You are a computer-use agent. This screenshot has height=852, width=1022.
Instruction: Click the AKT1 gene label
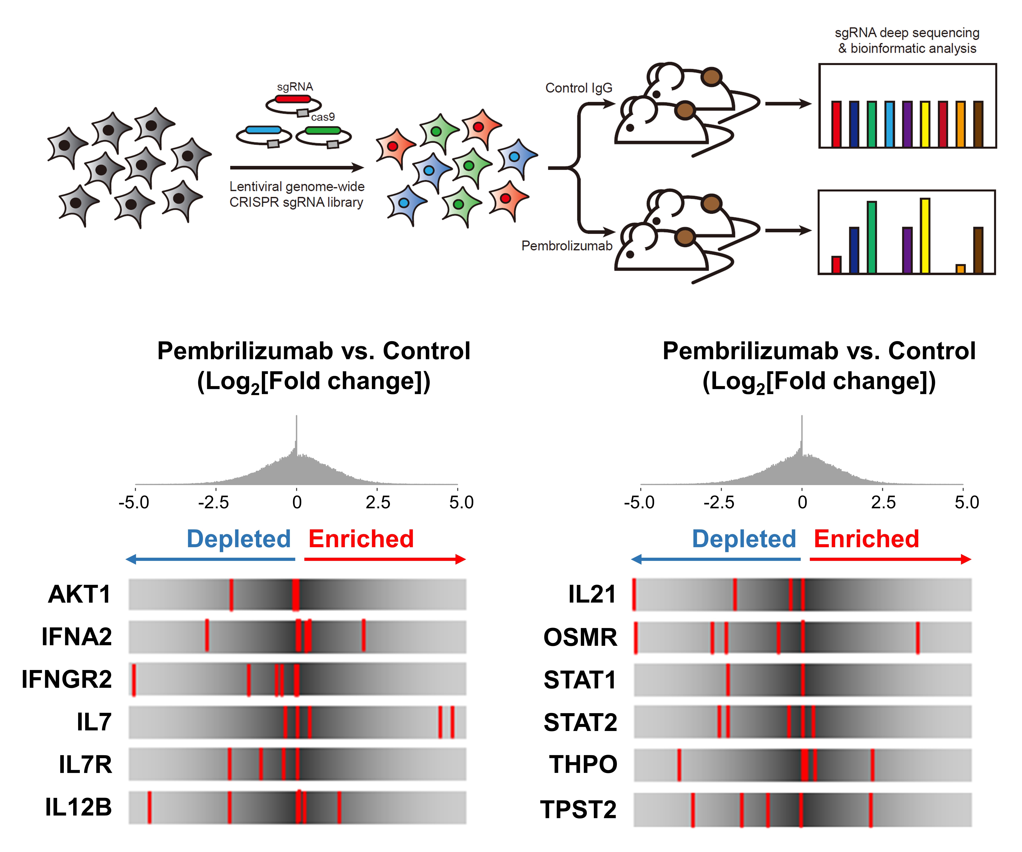point(79,594)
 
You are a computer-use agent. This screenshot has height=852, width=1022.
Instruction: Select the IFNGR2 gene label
point(67,679)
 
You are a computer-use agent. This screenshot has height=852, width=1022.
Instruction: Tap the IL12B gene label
point(78,807)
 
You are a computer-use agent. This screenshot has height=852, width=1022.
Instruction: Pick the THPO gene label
point(583,764)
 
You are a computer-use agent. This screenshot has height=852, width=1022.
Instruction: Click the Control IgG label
point(579,88)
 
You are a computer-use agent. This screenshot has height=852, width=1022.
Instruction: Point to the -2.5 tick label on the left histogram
point(214,502)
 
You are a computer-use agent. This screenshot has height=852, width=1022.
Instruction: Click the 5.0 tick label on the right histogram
point(967,502)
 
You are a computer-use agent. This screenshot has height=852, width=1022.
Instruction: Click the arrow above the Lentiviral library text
point(297,167)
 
